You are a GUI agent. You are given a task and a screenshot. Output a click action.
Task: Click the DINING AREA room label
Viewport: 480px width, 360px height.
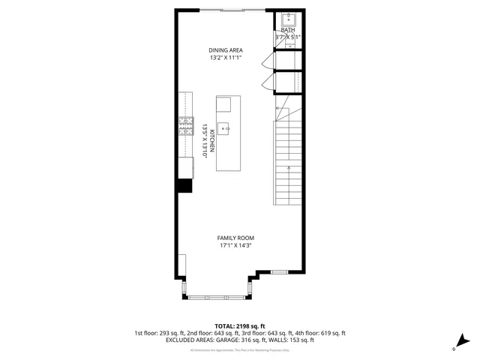coord(226,51)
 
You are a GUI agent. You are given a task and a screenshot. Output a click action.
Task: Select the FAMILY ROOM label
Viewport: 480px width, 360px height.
coord(235,238)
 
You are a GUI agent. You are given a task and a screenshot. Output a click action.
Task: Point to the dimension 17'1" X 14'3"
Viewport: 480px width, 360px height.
coord(235,245)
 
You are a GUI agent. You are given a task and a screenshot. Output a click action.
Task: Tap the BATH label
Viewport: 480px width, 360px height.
coord(288,30)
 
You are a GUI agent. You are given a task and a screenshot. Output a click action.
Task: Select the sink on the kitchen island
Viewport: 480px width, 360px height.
coord(223,128)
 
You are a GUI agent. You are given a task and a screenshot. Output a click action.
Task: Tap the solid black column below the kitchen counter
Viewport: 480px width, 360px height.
coord(184,186)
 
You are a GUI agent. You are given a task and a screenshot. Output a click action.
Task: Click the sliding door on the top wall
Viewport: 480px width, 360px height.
coord(232,10)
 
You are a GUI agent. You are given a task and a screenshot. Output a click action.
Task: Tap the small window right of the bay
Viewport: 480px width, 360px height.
coord(279,271)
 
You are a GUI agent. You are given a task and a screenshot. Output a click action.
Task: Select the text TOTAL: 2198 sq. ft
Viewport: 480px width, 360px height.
coord(239,326)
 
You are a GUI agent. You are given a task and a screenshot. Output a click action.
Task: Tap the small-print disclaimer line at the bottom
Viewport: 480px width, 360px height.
coord(239,349)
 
